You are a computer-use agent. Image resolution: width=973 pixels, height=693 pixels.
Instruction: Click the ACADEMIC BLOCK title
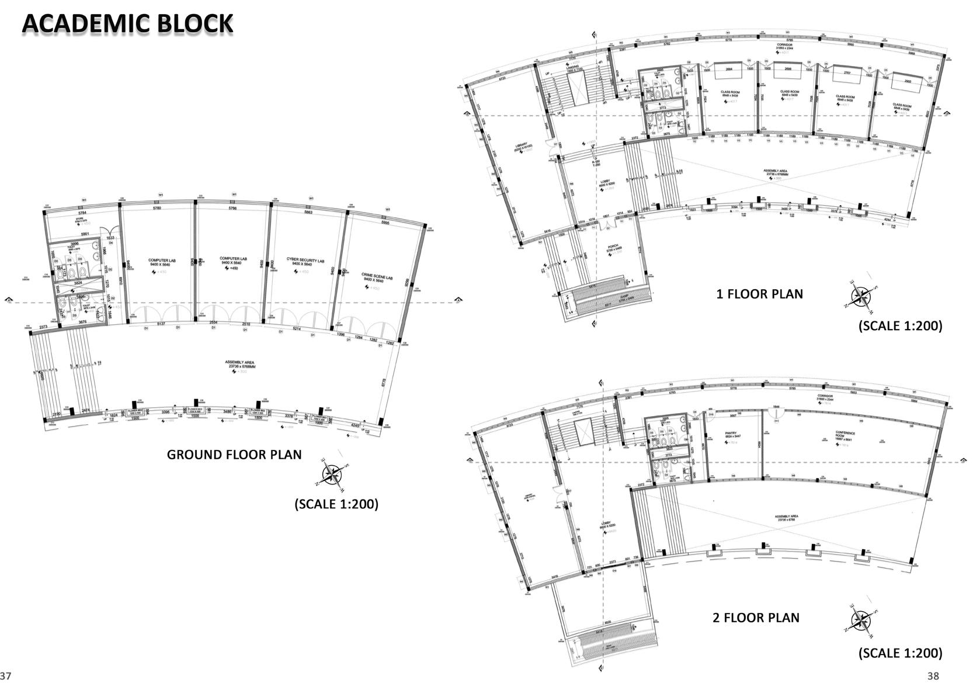pyautogui.click(x=127, y=24)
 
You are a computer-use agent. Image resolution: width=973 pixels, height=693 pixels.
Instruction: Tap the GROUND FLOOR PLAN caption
pyautogui.click(x=234, y=455)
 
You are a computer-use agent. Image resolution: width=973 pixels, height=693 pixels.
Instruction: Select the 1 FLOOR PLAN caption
pyautogui.click(x=759, y=294)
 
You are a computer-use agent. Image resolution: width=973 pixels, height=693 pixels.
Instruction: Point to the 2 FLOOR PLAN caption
pyautogui.click(x=756, y=618)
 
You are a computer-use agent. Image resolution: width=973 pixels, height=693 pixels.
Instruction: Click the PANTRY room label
pyautogui.click(x=730, y=434)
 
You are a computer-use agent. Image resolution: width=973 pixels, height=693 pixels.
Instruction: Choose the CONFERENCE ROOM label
pyautogui.click(x=840, y=435)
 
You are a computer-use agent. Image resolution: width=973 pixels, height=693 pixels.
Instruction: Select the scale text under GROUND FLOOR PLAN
pyautogui.click(x=336, y=504)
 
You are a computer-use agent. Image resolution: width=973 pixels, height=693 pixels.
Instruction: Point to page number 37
pyautogui.click(x=6, y=676)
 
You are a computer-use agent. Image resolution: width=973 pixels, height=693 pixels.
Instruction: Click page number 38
pyautogui.click(x=933, y=676)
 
